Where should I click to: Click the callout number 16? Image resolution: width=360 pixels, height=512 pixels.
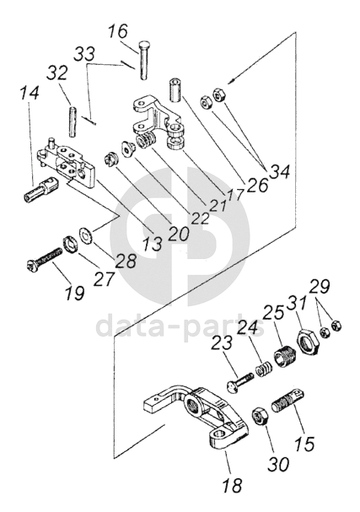[119, 32]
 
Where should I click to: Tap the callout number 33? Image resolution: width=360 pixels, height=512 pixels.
[84, 53]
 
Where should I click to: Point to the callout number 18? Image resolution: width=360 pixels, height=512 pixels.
[232, 485]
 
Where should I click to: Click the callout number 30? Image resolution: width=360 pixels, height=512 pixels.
[278, 464]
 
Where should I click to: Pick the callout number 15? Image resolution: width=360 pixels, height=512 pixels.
[304, 444]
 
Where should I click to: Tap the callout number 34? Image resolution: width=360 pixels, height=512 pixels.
[278, 172]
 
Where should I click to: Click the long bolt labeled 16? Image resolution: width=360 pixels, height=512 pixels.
[143, 60]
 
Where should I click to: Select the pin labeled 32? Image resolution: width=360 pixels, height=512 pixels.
[73, 121]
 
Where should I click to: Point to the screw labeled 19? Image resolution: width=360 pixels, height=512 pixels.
[44, 258]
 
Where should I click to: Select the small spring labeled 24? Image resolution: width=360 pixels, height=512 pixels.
[262, 369]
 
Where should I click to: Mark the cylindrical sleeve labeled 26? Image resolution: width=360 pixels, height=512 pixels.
[175, 89]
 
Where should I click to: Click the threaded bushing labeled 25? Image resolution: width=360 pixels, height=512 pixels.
[284, 358]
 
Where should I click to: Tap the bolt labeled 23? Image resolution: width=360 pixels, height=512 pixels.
[240, 381]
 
